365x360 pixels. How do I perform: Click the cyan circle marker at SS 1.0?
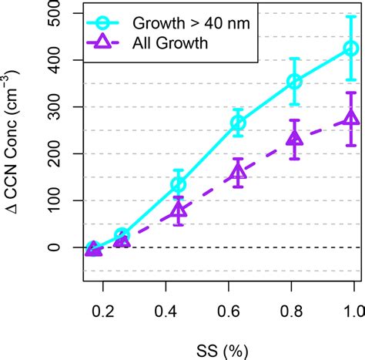click(350, 49)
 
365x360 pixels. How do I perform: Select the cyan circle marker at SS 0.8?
click(294, 82)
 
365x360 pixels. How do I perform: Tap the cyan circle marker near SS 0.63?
click(238, 123)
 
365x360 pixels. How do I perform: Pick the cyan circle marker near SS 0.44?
click(178, 184)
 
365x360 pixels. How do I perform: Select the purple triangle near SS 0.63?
click(238, 173)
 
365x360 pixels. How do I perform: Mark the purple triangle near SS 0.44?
click(178, 210)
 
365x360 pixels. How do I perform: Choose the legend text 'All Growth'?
click(174, 43)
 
